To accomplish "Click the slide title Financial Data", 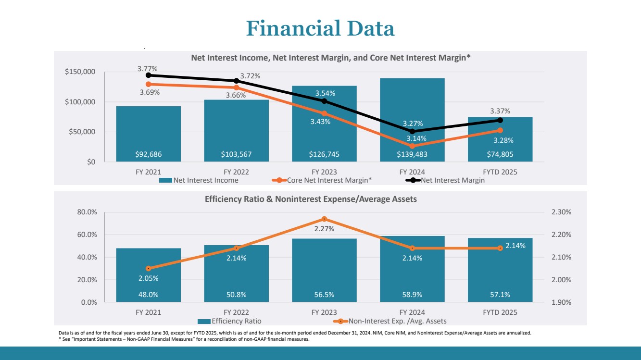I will tap(320, 28).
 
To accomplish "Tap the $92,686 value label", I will tap(149, 154).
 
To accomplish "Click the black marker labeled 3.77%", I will tap(149, 75).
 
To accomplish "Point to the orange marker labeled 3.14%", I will tap(412, 146).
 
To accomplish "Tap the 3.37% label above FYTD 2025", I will tap(500, 111).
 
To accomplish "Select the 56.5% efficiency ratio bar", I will tap(324, 269).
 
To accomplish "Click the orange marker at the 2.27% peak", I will tap(324, 219).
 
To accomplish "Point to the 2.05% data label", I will tap(149, 278).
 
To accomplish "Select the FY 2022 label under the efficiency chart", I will tap(236, 312).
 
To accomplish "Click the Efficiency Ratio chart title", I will tap(311, 199).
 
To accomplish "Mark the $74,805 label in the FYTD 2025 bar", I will tap(500, 154).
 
